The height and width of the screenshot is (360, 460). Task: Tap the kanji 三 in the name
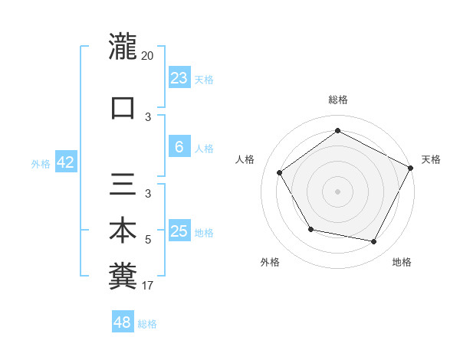123,185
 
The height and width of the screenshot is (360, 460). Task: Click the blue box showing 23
179,77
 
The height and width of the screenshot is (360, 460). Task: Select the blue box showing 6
179,147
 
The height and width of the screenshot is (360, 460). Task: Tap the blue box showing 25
179,231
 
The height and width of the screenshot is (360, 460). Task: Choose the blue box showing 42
65,162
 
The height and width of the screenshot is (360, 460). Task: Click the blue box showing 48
123,322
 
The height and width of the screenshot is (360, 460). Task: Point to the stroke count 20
148,55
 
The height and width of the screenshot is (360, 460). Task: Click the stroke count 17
148,286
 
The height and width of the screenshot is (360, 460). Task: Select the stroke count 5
148,240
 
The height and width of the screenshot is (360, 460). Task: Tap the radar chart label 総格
337,100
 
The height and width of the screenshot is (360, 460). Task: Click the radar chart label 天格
431,159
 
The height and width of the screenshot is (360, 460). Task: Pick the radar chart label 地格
402,262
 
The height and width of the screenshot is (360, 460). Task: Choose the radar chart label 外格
270,262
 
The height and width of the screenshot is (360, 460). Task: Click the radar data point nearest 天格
412,168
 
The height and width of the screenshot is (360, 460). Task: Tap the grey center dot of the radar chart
337,191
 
